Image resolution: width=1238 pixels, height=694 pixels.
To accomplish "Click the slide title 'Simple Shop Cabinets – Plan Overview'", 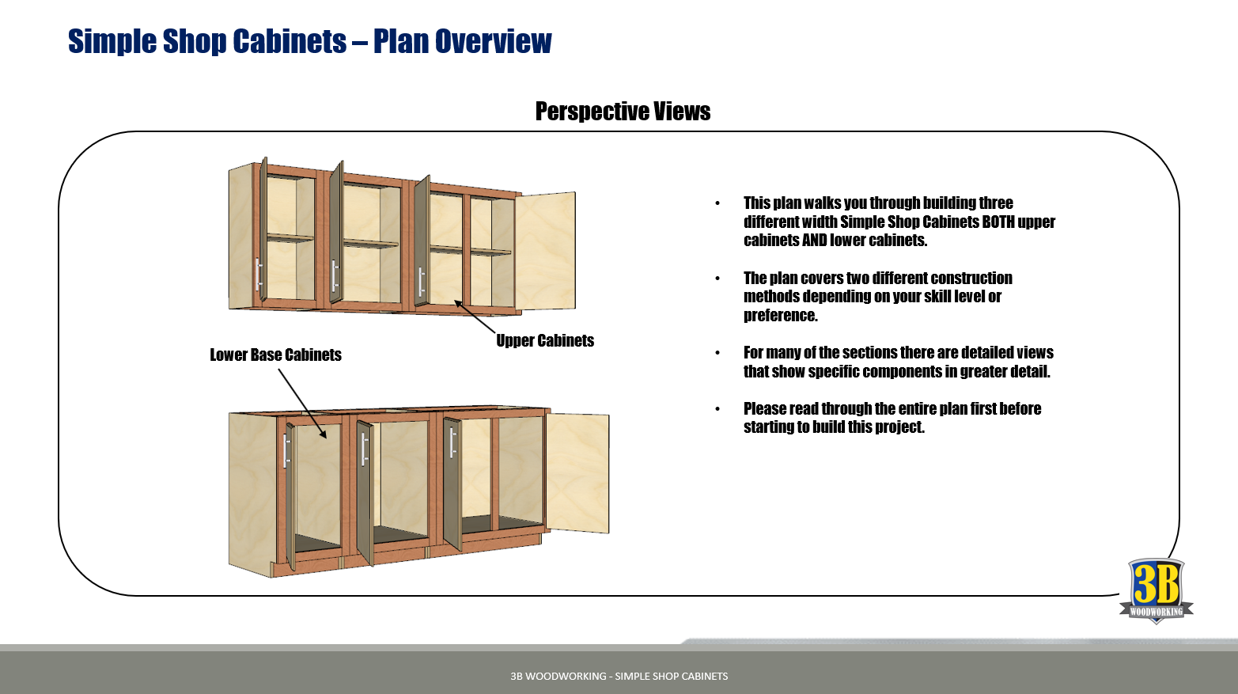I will pos(309,41).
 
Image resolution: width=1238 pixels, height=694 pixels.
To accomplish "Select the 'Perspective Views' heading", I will pos(623,112).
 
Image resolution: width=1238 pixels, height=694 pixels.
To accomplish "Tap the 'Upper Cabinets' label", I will pos(545,341).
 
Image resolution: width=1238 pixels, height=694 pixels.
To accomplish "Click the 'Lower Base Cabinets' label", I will pos(275,355).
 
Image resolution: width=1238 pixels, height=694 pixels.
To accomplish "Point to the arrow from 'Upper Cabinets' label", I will pos(475,317).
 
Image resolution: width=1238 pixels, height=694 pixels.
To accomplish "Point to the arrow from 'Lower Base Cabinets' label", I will pos(302,404).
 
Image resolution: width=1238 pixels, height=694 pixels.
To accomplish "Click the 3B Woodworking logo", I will pos(1156,590).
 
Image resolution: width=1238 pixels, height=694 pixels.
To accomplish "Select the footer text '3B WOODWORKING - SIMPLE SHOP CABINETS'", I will pos(619,677).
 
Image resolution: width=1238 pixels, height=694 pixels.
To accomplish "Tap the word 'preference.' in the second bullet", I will pos(780,316).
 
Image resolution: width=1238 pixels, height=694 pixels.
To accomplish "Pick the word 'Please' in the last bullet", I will pos(763,409).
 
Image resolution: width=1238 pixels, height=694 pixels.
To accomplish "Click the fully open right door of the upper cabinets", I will pos(545,250).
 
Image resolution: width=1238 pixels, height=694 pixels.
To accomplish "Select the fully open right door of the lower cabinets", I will pos(578,472).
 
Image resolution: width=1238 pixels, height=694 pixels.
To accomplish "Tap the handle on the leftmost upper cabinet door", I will pos(258,275).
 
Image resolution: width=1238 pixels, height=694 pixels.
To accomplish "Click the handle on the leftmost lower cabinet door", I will pos(286,451).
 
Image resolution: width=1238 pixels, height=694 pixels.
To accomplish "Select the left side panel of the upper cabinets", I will pos(240,237).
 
